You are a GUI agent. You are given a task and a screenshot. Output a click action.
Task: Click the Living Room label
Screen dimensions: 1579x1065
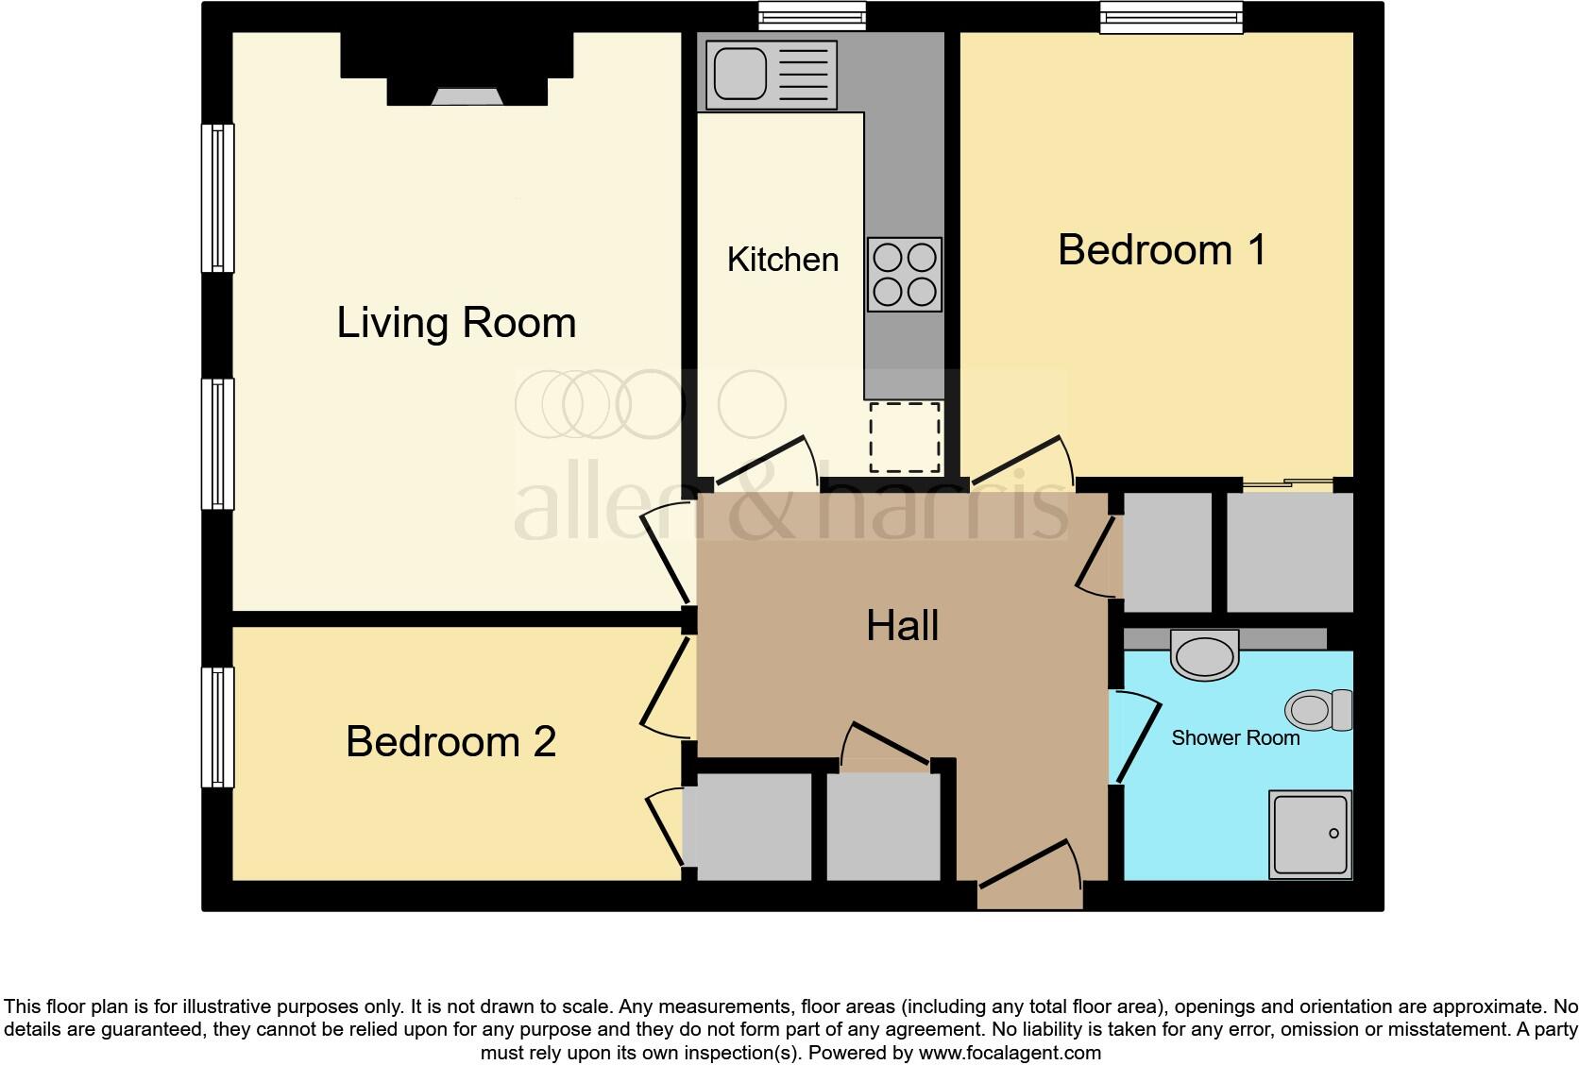tap(456, 324)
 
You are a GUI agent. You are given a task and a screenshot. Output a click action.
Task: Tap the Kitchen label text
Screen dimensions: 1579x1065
tap(783, 260)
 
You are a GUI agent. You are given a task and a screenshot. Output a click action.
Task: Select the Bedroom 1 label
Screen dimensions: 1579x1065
tap(1162, 249)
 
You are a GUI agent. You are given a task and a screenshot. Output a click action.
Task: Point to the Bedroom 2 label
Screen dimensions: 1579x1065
tap(451, 741)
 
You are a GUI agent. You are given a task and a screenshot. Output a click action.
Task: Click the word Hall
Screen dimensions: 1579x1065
tap(902, 625)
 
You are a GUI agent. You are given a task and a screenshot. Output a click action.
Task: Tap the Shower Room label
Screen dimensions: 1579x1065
tap(1235, 738)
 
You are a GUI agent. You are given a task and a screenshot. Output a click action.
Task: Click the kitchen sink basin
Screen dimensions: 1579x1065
tap(740, 74)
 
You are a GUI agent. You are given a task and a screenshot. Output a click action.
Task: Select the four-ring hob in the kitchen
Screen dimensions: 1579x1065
tap(905, 275)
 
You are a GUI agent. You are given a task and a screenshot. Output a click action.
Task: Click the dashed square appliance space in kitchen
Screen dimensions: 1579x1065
tap(905, 438)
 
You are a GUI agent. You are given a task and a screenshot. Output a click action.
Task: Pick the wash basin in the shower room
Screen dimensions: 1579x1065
tap(1204, 655)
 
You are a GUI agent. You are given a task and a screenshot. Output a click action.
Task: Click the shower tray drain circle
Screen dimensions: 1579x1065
tap(1333, 833)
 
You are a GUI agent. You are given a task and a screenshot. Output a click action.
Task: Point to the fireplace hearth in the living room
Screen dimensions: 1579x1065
tap(467, 96)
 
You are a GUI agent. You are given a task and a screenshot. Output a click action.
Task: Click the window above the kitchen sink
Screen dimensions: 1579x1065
tap(812, 16)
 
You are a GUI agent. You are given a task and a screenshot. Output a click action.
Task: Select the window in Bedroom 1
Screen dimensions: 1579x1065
tap(1171, 17)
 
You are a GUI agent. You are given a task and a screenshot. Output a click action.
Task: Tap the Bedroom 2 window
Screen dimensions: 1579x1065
tap(218, 727)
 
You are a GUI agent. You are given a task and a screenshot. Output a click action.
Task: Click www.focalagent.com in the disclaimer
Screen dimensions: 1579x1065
tap(1010, 1053)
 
